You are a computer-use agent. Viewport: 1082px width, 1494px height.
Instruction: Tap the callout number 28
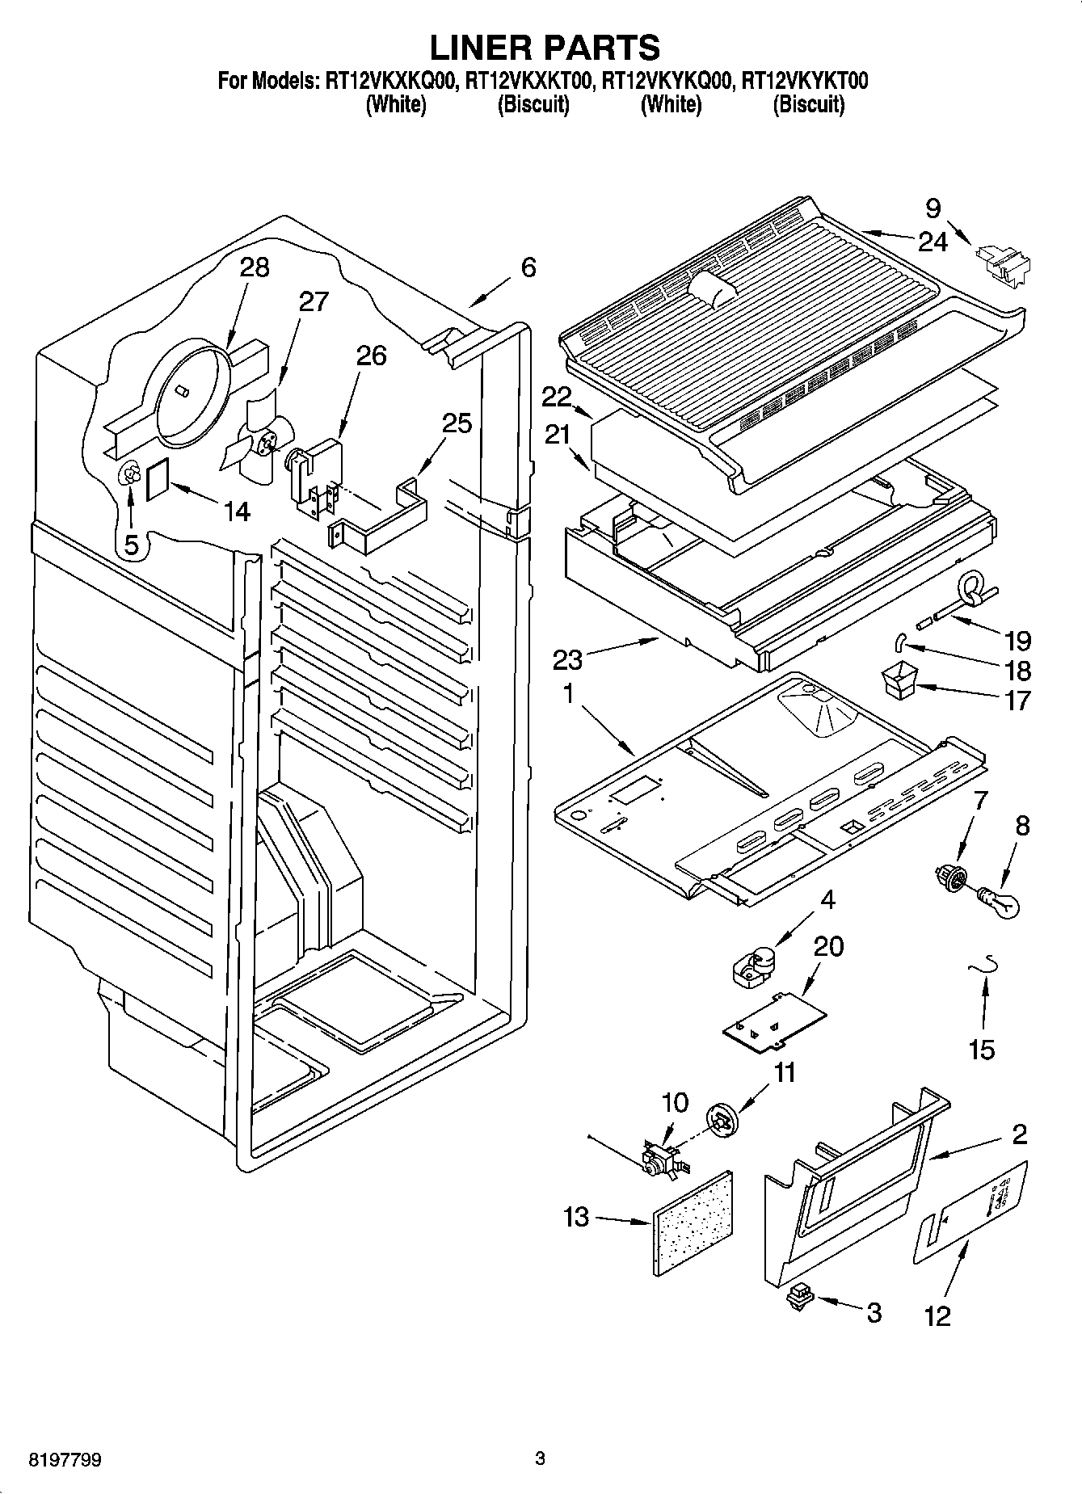click(x=255, y=267)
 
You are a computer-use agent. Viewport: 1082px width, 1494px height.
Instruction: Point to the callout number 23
click(x=567, y=659)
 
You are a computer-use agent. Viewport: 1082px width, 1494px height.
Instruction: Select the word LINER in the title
click(x=478, y=48)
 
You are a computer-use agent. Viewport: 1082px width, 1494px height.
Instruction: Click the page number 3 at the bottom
click(x=540, y=1459)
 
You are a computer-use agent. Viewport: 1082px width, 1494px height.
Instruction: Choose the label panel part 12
click(x=970, y=1212)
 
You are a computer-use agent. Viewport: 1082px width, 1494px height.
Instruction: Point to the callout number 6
click(x=528, y=267)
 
